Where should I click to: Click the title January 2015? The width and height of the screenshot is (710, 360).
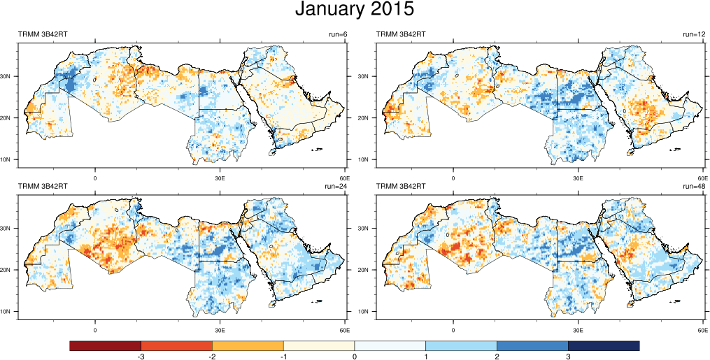354,10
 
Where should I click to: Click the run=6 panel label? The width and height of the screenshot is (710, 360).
337,34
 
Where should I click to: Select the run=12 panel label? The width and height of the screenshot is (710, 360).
694,34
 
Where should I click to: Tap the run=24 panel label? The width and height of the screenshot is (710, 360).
336,187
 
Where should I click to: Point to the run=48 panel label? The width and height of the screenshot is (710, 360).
694,187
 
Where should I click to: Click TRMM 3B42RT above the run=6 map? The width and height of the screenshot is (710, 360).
42,34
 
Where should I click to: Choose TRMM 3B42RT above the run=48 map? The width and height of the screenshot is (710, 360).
402,187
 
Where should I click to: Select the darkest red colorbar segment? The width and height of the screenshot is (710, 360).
105,346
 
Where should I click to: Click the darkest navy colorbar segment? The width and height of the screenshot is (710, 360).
604,346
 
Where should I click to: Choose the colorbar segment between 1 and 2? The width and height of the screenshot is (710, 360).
461,346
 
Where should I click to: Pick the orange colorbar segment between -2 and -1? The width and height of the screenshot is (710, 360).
248,346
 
